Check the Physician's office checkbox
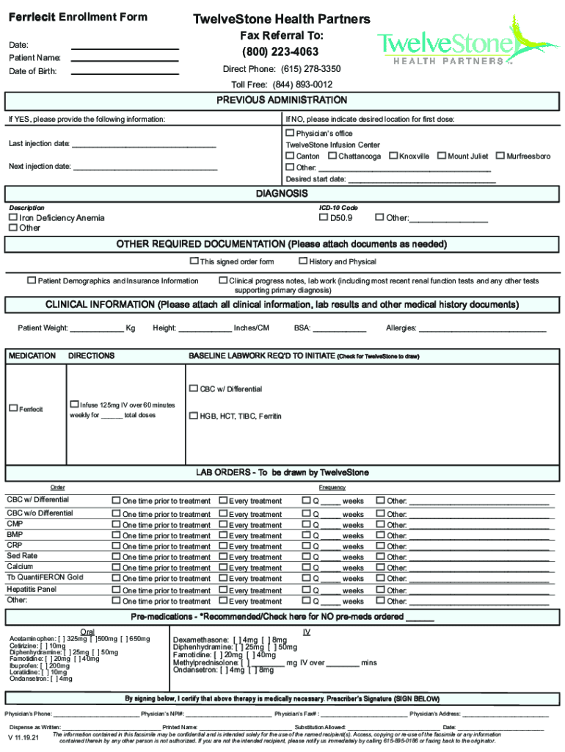click(x=290, y=133)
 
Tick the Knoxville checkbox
click(x=393, y=156)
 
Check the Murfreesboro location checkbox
click(x=500, y=156)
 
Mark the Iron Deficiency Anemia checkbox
click(x=12, y=217)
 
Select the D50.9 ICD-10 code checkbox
click(x=324, y=217)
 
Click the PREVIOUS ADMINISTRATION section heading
click(x=282, y=100)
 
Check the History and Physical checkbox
click(x=303, y=261)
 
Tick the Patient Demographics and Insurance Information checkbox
click(x=32, y=280)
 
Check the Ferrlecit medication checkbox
click(x=12, y=408)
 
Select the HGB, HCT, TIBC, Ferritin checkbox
click(x=194, y=416)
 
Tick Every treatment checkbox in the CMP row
click(x=223, y=525)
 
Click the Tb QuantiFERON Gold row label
click(x=45, y=577)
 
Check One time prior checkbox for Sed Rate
click(x=116, y=557)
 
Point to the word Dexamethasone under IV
click(x=199, y=640)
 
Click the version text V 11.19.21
click(x=24, y=737)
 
